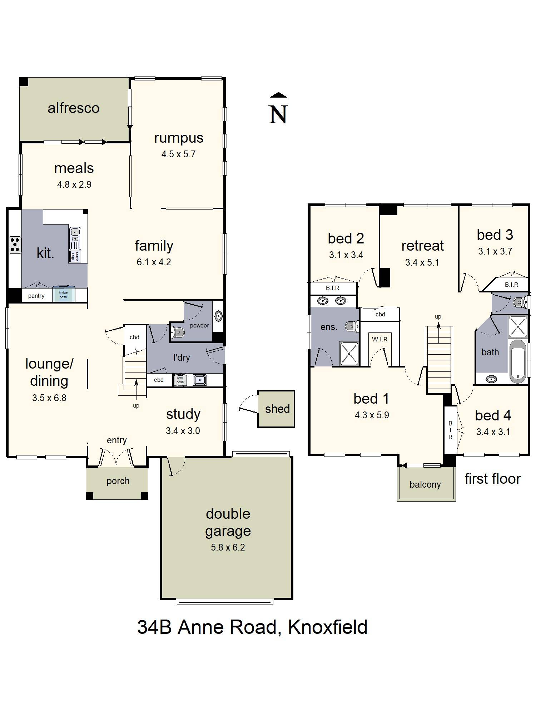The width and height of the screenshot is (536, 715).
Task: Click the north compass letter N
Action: (278, 114)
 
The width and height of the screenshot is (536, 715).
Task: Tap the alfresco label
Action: (74, 108)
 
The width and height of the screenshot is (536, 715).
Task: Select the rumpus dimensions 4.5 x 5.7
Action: (178, 154)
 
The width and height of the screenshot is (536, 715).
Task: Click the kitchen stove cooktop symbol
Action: (15, 245)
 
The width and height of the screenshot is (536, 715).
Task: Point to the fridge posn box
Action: (63, 294)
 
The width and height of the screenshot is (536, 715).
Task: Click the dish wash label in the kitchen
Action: (75, 256)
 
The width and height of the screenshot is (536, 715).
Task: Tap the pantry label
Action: (36, 296)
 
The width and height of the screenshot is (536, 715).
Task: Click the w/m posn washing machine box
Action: (180, 380)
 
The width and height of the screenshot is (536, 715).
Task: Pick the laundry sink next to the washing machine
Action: (200, 380)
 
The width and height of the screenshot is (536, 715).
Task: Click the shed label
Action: (277, 409)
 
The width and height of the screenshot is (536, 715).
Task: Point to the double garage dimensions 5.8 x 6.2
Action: (228, 547)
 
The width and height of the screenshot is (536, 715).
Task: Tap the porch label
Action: (118, 481)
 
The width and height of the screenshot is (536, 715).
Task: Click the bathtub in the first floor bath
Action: (517, 361)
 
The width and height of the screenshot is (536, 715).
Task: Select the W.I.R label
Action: (379, 339)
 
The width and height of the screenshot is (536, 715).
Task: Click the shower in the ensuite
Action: (349, 354)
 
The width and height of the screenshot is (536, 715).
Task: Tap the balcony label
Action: (425, 485)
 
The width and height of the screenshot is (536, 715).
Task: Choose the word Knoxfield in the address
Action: (328, 627)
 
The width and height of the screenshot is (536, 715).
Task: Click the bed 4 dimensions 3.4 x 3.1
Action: (493, 432)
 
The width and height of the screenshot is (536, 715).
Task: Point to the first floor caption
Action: (493, 479)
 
